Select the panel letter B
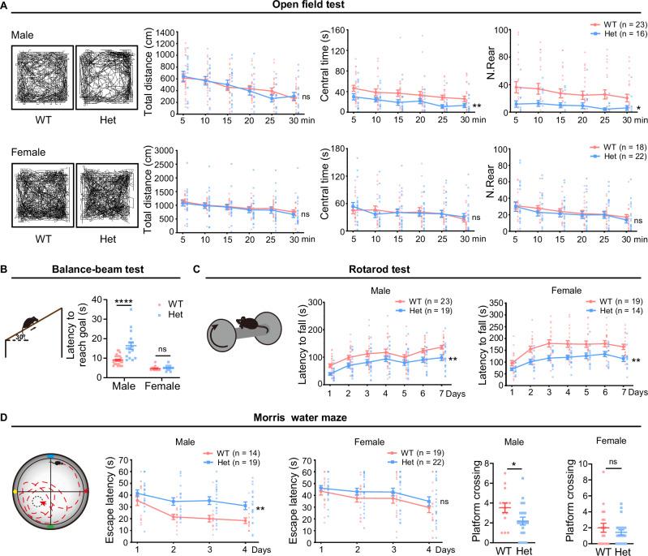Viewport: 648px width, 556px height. [x=6, y=263]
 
